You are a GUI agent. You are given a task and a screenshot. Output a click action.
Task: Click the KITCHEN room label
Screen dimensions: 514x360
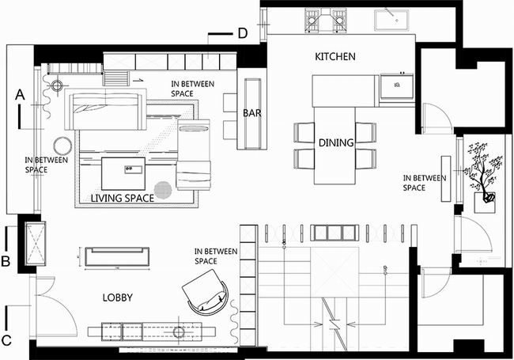pos(335,56)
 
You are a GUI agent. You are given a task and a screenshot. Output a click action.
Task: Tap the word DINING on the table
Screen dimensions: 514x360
pos(336,142)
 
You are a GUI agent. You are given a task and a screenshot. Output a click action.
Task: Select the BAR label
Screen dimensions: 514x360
pos(252,113)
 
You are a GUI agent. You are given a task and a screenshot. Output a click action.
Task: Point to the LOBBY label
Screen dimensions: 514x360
pos(118,297)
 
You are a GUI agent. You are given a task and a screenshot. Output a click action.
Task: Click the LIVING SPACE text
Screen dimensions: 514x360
pos(123,198)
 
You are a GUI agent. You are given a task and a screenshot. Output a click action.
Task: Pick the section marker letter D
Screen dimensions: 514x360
pos(242,33)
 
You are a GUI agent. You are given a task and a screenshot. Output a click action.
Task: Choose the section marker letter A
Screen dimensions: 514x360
pos(20,95)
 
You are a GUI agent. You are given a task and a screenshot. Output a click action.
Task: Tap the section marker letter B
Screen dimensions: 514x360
pos(6,261)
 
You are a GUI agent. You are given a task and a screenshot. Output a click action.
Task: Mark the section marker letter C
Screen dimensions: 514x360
pos(6,341)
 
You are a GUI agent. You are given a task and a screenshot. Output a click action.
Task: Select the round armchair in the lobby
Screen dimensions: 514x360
pos(206,292)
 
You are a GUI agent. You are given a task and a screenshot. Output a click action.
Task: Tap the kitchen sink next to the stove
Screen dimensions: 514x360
pos(391,21)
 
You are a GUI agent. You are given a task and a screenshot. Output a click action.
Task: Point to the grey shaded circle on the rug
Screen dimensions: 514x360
pos(163,190)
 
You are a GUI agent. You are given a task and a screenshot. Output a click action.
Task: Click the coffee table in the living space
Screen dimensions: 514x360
pos(123,173)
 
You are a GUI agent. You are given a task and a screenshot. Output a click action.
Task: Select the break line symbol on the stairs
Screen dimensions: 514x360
pos(334,324)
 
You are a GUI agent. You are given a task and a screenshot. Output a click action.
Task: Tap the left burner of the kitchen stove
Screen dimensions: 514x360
pos(312,21)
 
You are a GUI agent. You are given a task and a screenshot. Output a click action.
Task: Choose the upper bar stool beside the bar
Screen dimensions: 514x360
pos(230,103)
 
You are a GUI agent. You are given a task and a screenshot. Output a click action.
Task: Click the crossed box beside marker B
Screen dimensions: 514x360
pos(36,243)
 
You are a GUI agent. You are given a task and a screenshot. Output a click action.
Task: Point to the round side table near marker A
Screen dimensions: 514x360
pos(62,146)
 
